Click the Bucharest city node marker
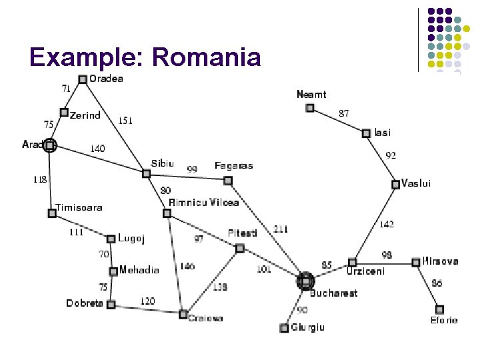(305, 281)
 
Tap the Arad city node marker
(49, 145)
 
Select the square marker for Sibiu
(146, 173)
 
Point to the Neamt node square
(310, 108)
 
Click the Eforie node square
(439, 309)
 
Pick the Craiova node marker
(183, 314)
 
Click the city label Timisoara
(79, 207)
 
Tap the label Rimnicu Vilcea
(203, 202)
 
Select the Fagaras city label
(233, 165)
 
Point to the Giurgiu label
(307, 327)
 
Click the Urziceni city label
(365, 271)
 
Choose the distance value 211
(281, 229)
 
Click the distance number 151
(125, 121)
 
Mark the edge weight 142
(387, 224)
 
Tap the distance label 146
(187, 266)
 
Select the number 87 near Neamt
(343, 113)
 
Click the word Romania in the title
(206, 57)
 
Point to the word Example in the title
(87, 57)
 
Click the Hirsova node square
(416, 262)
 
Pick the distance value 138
(220, 287)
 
